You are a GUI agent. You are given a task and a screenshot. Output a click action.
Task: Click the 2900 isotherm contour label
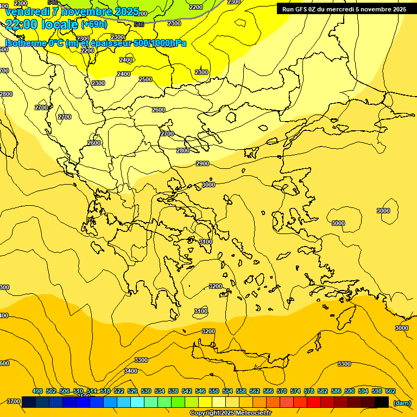(x=203, y=163)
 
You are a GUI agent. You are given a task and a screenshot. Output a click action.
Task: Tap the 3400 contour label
(x=131, y=371)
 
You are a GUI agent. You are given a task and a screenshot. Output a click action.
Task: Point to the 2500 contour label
(x=146, y=79)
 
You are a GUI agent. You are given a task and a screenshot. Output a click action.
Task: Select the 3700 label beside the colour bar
(x=14, y=401)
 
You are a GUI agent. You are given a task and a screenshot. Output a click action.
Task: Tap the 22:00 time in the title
(x=22, y=24)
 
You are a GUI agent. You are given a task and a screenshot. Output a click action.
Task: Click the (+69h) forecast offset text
(x=94, y=24)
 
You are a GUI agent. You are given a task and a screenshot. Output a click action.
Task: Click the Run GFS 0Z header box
(x=344, y=9)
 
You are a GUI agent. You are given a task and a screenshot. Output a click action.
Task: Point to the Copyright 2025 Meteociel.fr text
(x=230, y=413)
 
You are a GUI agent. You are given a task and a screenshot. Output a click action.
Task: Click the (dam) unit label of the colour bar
(x=402, y=402)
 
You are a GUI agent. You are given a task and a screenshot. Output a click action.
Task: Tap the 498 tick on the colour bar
(x=37, y=391)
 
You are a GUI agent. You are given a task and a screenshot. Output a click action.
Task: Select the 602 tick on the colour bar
(x=390, y=391)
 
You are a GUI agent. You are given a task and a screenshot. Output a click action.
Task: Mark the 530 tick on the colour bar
(x=146, y=391)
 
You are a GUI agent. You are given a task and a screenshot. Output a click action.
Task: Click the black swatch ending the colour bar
(x=382, y=402)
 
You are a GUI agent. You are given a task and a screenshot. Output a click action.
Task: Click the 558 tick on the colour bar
(x=241, y=391)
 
